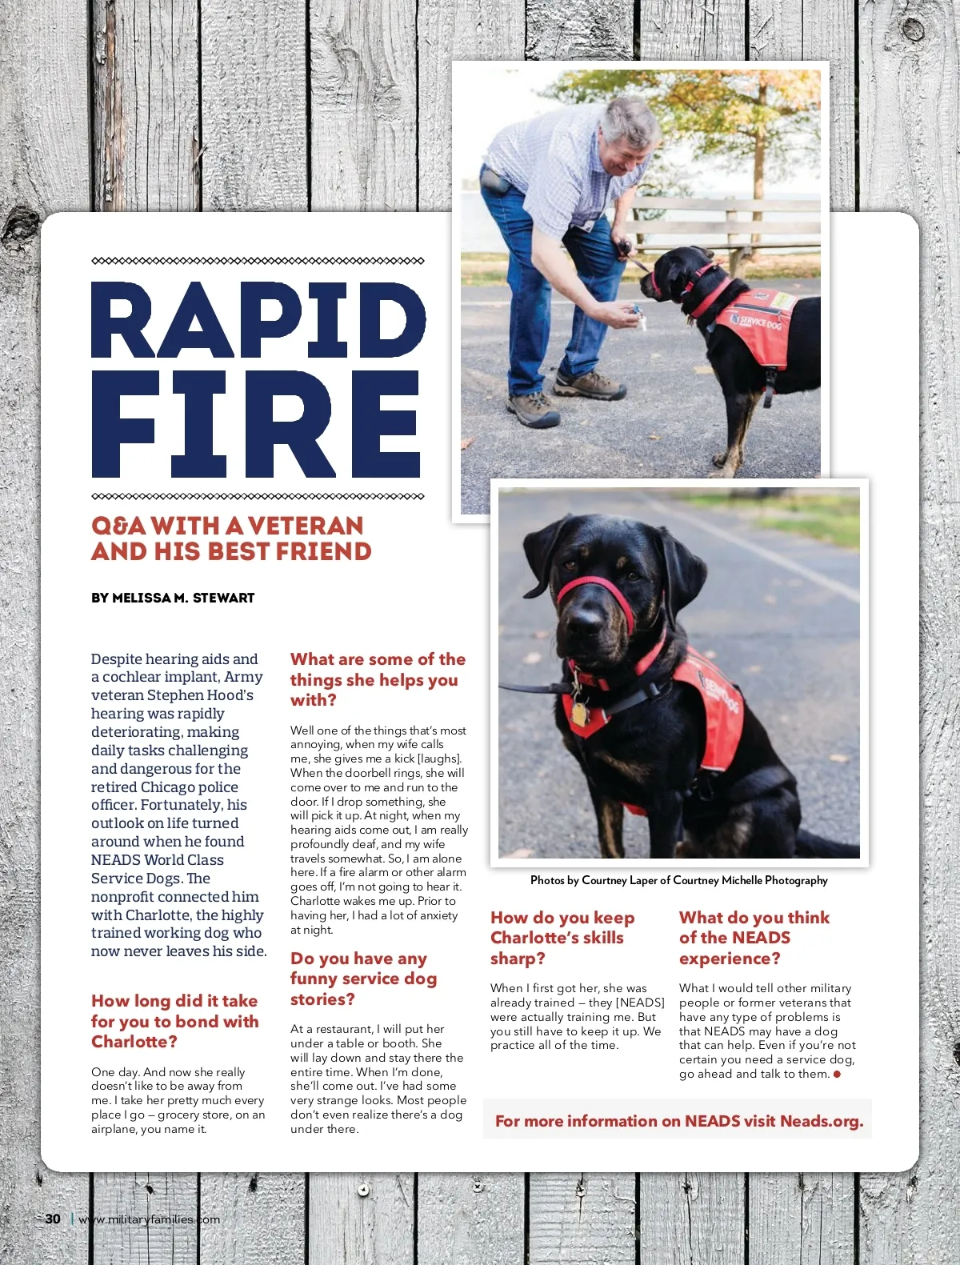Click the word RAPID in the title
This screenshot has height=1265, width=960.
(258, 320)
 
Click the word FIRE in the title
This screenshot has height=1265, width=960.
(256, 424)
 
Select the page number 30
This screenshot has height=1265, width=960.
(53, 1219)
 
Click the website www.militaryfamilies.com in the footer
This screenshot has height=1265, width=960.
(150, 1219)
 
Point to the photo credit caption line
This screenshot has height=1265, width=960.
(678, 880)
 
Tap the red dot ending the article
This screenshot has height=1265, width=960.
(837, 1075)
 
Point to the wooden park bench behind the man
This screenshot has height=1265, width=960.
(728, 228)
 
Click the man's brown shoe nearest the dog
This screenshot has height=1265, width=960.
(590, 386)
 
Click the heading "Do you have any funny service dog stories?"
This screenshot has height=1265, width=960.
(363, 979)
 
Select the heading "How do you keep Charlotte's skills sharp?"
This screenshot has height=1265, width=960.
(562, 938)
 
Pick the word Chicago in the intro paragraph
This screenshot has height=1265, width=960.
(166, 787)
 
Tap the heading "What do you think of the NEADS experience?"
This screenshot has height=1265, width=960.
(754, 938)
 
